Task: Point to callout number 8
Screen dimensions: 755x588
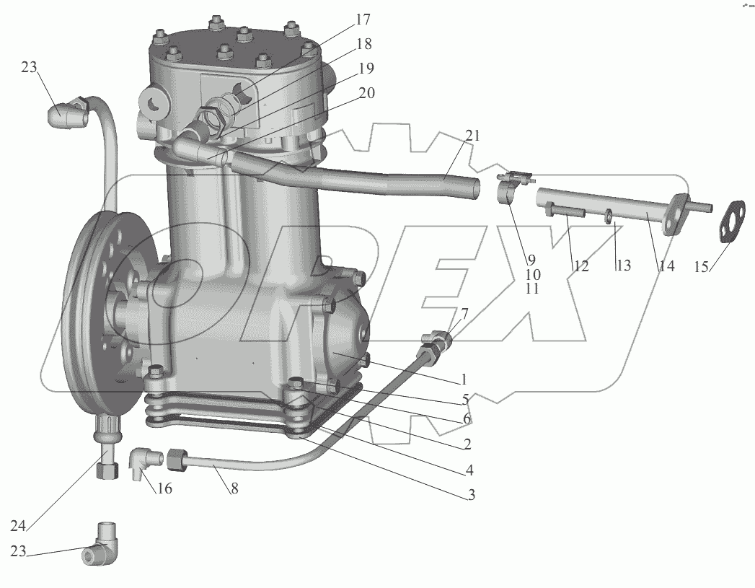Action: coord(234,488)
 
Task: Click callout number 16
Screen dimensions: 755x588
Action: coord(165,488)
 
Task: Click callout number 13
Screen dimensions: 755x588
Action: coord(623,266)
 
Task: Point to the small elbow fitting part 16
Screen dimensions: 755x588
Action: coord(141,462)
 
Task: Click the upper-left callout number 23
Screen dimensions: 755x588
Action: coord(28,67)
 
